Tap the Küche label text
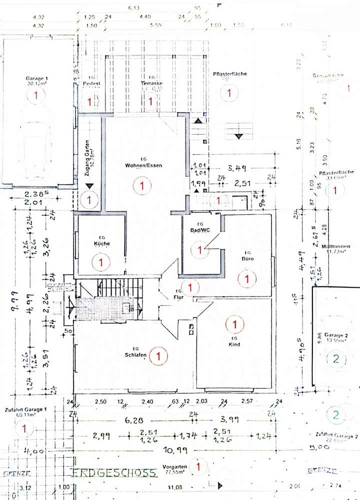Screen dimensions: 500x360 (102, 244)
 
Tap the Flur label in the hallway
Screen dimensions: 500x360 (178, 297)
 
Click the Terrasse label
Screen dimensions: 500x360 (150, 83)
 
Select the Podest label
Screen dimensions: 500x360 (90, 83)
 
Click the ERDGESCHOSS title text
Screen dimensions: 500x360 (115, 472)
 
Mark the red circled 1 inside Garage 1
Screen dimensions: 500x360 (35, 97)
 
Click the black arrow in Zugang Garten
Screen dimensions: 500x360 (89, 186)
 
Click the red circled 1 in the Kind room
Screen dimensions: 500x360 (233, 324)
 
